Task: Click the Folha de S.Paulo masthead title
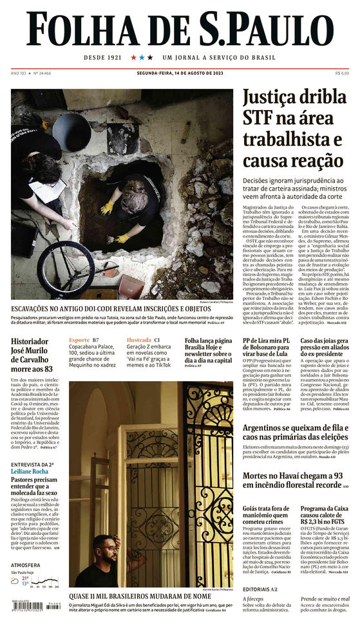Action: pos(180,29)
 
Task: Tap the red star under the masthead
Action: pos(134,57)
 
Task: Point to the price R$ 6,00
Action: pos(342,73)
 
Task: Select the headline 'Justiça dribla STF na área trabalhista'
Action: pos(292,129)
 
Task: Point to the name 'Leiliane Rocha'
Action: pos(30,471)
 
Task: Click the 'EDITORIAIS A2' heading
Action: pos(260,589)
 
